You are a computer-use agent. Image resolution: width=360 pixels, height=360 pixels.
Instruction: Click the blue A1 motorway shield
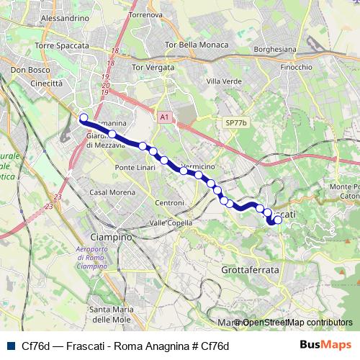pyautogui.click(x=164, y=116)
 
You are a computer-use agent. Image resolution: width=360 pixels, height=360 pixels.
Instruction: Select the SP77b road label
pyautogui.click(x=235, y=123)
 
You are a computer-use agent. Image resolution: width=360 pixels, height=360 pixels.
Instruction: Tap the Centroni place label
pyautogui.click(x=169, y=203)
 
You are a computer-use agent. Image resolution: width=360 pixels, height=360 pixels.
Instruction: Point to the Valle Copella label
pyautogui.click(x=171, y=223)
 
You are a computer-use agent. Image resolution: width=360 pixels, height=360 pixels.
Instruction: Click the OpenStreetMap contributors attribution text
pyautogui.click(x=297, y=323)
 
